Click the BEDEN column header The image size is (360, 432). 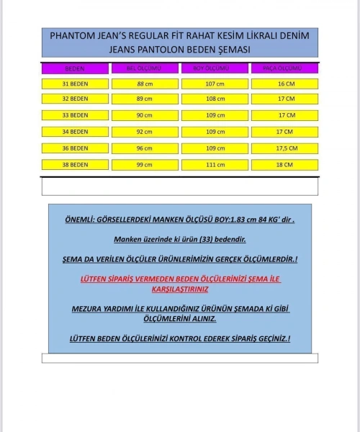(75, 68)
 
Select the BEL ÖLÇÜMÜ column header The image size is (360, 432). (144, 68)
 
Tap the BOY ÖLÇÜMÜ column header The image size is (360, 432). (215, 68)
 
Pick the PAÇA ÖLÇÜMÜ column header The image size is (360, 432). (284, 68)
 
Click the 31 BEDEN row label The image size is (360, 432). (75, 84)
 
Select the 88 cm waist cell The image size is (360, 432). (144, 84)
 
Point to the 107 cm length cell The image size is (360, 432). (215, 84)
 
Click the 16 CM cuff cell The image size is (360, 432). (284, 84)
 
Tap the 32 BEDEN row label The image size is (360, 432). (75, 99)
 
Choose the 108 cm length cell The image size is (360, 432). (215, 99)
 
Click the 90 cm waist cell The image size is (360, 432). (144, 115)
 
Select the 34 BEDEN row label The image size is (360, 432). (75, 132)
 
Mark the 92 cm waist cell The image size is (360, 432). (144, 132)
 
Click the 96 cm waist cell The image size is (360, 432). (144, 148)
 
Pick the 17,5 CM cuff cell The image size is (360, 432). (284, 148)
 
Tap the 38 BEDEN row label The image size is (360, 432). (75, 165)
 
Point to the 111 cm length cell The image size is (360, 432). (215, 165)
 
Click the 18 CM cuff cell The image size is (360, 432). (284, 165)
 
